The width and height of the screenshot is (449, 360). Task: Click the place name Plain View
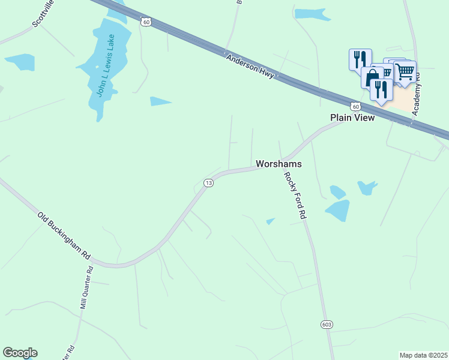click(x=352, y=118)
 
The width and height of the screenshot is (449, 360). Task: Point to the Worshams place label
click(x=279, y=163)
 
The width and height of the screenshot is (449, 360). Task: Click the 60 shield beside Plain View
click(x=356, y=106)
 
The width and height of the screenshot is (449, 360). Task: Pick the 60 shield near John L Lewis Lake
click(x=146, y=22)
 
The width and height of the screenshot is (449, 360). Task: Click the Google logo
click(x=20, y=353)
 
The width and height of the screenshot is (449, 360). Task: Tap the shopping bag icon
click(x=373, y=78)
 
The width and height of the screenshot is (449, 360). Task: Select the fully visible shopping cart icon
click(x=405, y=71)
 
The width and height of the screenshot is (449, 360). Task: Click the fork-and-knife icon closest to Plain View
click(x=381, y=89)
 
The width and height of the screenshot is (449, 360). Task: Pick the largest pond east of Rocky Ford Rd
click(x=339, y=210)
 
